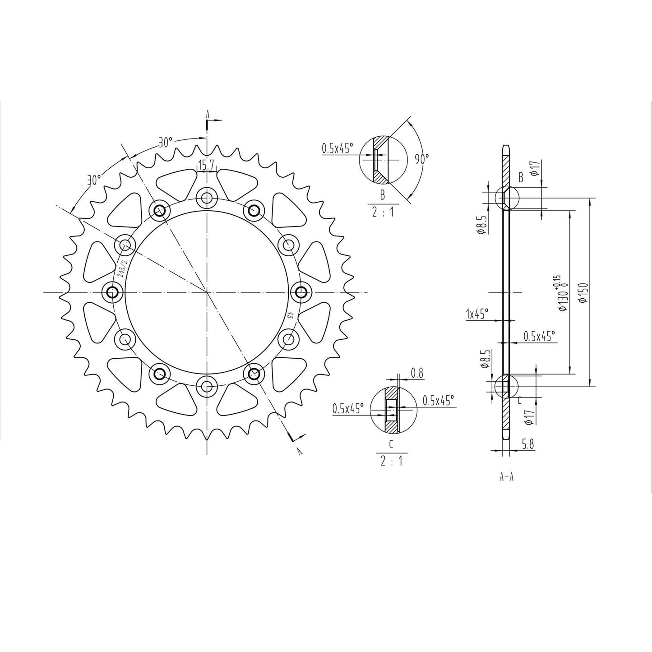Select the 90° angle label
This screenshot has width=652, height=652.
421,158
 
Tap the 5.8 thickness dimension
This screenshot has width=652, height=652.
528,444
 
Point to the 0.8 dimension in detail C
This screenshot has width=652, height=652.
417,373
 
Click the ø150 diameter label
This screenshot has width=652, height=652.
585,293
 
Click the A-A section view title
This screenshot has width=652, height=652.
506,477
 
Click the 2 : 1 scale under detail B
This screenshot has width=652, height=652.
383,212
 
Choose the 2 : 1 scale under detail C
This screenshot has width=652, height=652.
391,461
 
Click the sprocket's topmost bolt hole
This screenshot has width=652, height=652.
207,198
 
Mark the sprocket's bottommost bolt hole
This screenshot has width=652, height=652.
207,386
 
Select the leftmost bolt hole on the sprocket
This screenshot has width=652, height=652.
112,292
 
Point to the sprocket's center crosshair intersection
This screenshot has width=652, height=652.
207,292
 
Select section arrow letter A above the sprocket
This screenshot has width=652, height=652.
208,114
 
